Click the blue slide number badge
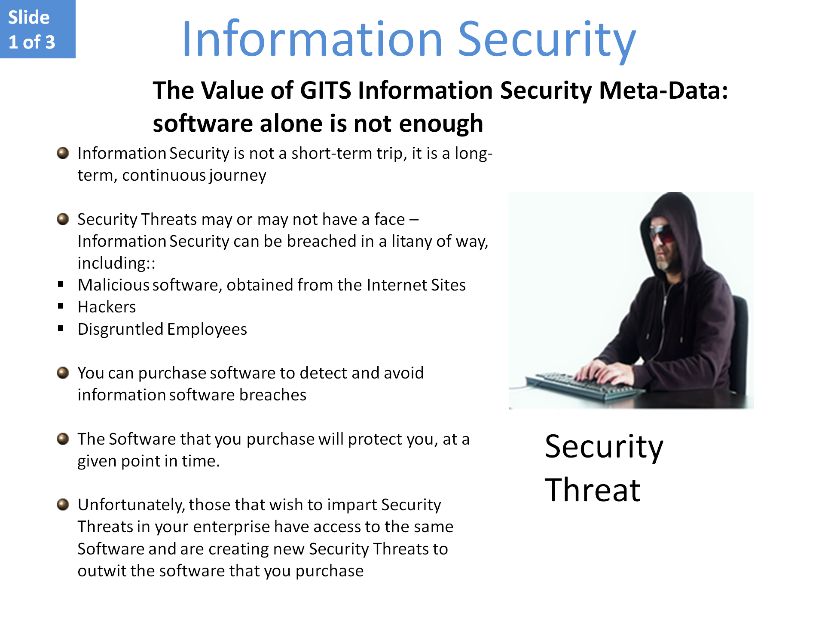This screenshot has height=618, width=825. click(x=38, y=29)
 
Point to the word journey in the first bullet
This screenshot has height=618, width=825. click(x=238, y=176)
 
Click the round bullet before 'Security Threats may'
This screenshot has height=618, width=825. click(x=63, y=219)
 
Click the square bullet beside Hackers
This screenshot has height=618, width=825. click(x=61, y=306)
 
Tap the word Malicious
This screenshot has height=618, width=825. click(x=113, y=285)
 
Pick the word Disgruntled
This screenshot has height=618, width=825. click(x=120, y=330)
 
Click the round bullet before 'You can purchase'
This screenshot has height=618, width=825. click(x=63, y=373)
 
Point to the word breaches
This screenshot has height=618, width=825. click(x=273, y=395)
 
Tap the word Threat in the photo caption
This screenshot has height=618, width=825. click(x=593, y=490)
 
